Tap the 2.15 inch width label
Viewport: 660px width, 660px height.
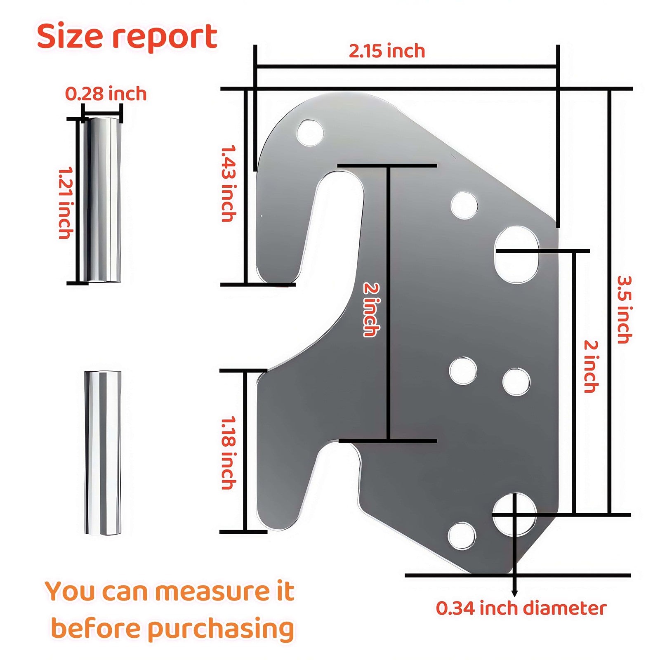coord(387,51)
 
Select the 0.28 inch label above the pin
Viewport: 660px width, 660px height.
coord(106,94)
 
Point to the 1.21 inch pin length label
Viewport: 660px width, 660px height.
coord(66,203)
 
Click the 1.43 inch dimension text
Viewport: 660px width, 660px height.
coord(229,184)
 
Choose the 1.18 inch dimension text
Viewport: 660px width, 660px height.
coord(229,453)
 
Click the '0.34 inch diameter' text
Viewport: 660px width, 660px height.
coord(521,608)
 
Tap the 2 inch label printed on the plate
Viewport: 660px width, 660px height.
coord(371,309)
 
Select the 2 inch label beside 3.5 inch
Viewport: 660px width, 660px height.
coord(591,366)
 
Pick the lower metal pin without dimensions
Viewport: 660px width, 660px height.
coord(103,453)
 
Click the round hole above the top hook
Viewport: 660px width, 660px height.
coord(310,133)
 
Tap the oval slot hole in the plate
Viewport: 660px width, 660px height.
coord(516,255)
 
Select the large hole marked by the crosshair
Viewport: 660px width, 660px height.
coord(514,514)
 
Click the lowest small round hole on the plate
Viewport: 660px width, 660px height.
coord(462,536)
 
